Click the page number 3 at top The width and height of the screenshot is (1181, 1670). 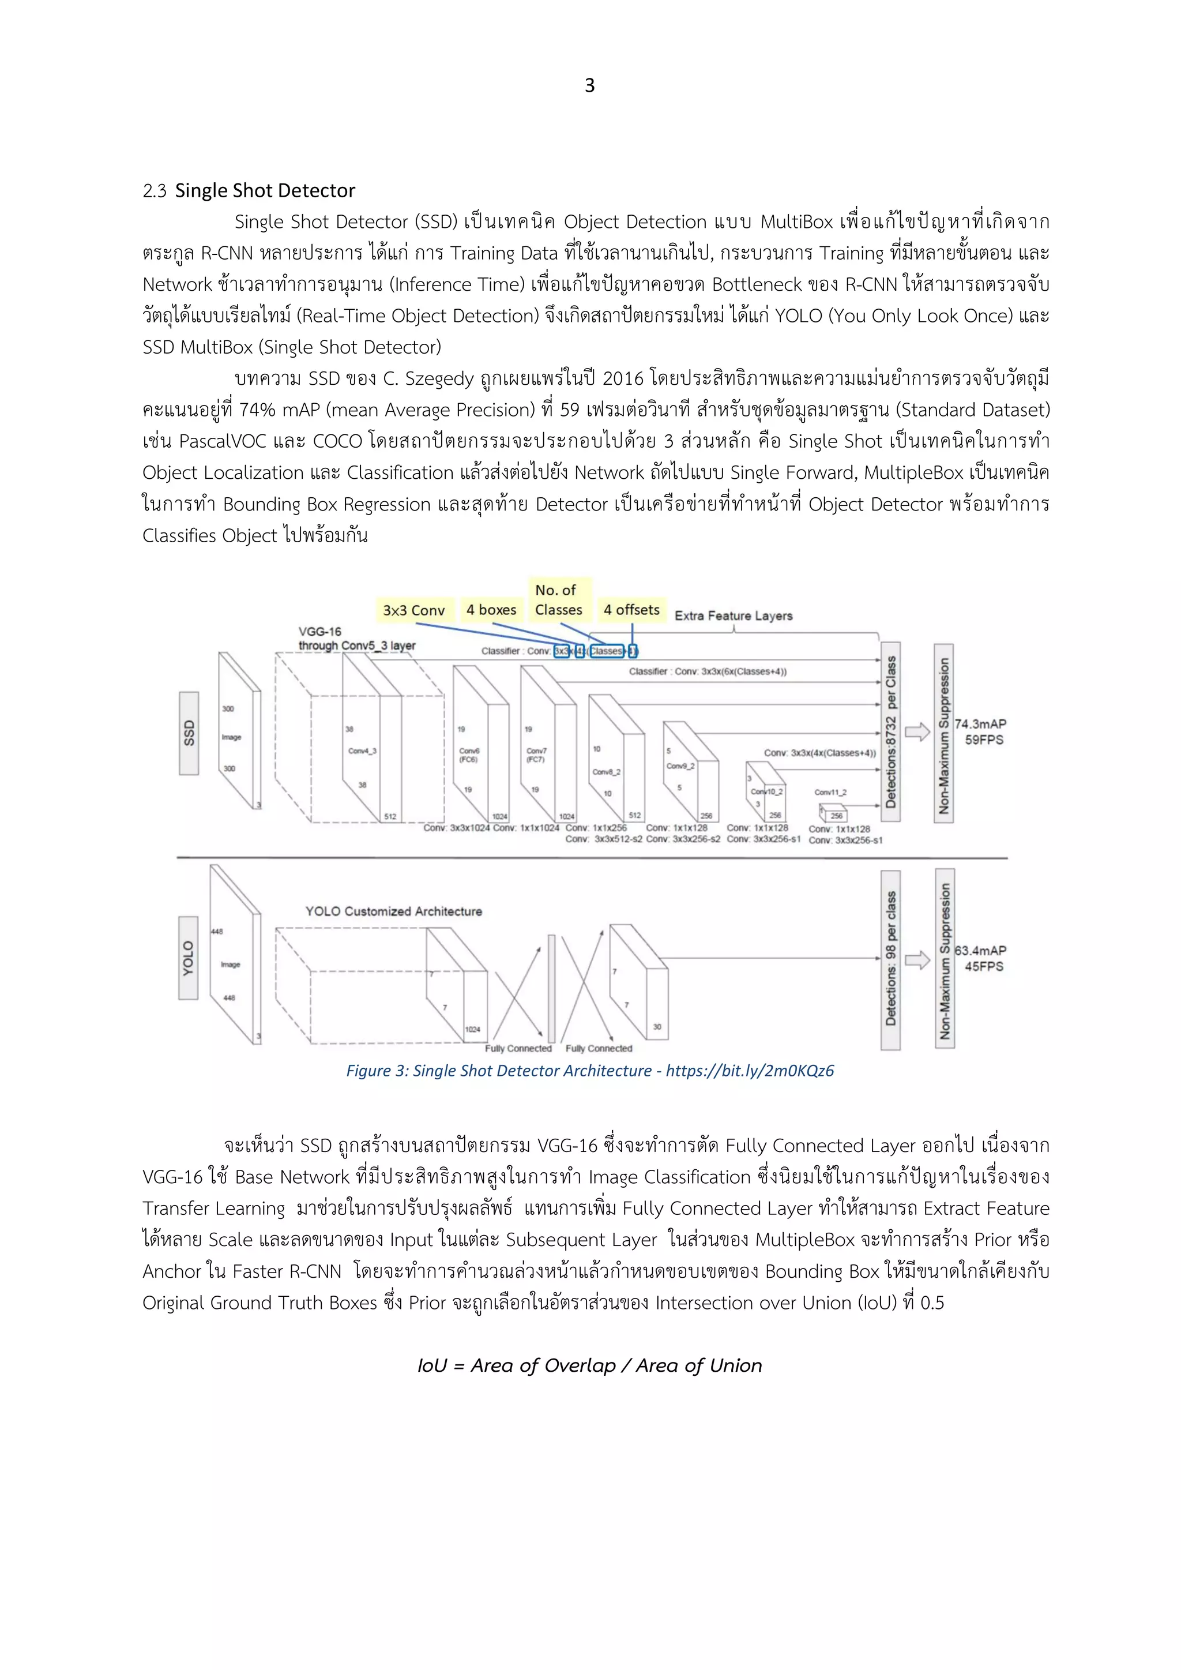(x=590, y=86)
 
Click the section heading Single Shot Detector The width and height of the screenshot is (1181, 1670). (x=265, y=190)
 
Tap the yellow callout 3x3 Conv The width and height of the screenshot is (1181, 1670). (x=414, y=610)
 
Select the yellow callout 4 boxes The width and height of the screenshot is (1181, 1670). (x=491, y=610)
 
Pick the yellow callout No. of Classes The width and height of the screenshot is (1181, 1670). (x=559, y=600)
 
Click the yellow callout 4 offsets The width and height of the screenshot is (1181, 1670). (x=631, y=610)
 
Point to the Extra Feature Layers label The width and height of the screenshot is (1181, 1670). (x=733, y=616)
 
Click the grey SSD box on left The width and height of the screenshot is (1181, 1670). (x=189, y=733)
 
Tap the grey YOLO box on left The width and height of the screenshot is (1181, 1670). (x=189, y=958)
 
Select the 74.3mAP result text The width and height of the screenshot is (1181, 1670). (x=980, y=724)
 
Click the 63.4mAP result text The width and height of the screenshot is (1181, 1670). (x=980, y=951)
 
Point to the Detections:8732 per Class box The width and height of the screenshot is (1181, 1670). (x=890, y=731)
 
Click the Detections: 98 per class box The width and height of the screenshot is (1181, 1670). (x=890, y=960)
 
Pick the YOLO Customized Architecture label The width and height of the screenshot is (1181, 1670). (x=393, y=911)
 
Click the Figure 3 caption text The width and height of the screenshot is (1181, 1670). (x=590, y=1071)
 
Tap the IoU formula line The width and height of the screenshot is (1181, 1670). (x=590, y=1365)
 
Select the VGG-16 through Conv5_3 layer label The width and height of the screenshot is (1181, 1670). (x=356, y=639)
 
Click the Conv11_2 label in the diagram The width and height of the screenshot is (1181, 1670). (x=830, y=792)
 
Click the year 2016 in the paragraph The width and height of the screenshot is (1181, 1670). (x=623, y=379)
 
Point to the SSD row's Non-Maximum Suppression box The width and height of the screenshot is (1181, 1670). (x=943, y=733)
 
